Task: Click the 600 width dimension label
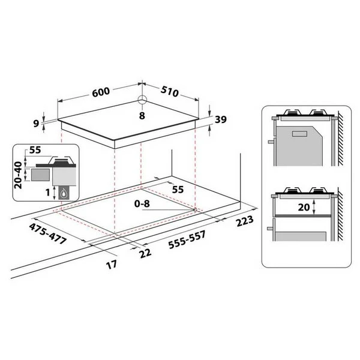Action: coord(101,91)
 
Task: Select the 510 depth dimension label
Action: coord(169,91)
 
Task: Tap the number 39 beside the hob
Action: coord(221,119)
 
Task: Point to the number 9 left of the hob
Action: coord(36,124)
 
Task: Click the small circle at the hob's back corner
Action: coord(142,100)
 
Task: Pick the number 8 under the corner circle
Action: coord(142,116)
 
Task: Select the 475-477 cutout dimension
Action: coord(48,234)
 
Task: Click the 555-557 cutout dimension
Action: coord(187,239)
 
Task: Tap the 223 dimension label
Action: coord(245,221)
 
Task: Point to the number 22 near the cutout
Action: coord(145,253)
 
